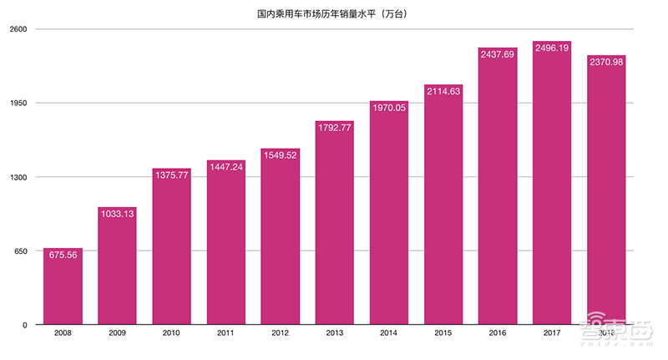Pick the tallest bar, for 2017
[x=552, y=184]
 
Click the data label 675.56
[x=63, y=255]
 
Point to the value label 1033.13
[x=117, y=214]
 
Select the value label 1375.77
[x=171, y=175]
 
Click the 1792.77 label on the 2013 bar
[x=334, y=127]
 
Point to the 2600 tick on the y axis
[x=19, y=29]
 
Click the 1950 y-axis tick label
[x=19, y=104]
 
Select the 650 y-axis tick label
[x=22, y=251]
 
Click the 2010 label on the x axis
[x=171, y=333]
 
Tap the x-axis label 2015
[x=443, y=333]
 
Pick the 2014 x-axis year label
[x=388, y=333]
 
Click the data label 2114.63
[x=443, y=90]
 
